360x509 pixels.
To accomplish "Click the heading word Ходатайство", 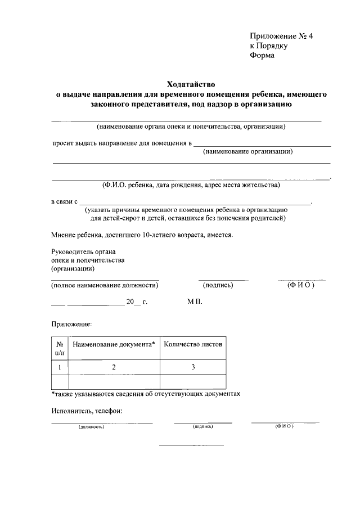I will (x=190, y=83).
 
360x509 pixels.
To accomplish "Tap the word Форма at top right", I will (x=262, y=56).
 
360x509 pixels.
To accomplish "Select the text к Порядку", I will (x=269, y=46).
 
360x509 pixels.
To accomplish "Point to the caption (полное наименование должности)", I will (x=105, y=285).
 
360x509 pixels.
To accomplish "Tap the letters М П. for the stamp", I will (x=195, y=302).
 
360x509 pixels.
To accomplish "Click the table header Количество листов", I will (x=193, y=343).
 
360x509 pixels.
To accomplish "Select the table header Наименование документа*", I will (x=114, y=343).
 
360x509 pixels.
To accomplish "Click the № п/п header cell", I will (x=60, y=348).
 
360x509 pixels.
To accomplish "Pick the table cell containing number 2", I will (x=114, y=367).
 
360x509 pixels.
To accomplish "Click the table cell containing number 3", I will (x=193, y=367).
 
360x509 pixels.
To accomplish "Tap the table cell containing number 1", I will (x=60, y=367).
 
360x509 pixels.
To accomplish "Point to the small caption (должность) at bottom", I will (x=92, y=427).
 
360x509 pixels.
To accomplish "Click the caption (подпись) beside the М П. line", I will (x=218, y=285).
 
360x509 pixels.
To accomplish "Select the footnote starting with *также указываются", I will (x=146, y=394).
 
